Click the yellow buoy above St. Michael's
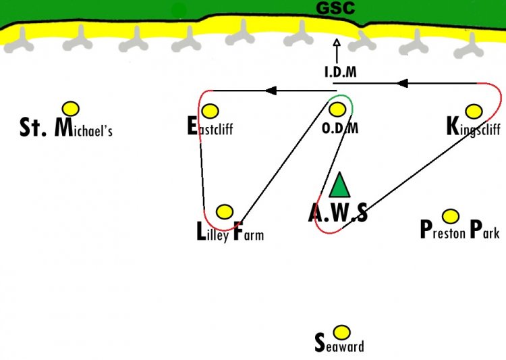click(71, 109)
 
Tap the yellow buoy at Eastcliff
click(210, 111)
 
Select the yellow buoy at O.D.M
click(337, 109)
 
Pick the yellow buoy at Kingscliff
click(474, 111)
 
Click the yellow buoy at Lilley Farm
click(225, 211)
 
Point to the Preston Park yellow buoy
click(451, 216)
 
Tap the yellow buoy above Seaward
click(341, 332)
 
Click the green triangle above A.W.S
click(339, 186)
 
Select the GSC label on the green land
click(335, 7)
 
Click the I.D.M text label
click(341, 72)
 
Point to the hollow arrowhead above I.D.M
click(337, 43)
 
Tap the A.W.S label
click(338, 213)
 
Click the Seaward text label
click(339, 343)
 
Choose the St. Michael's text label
click(66, 127)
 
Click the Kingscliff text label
click(474, 128)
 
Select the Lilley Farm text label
click(230, 232)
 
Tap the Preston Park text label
click(460, 230)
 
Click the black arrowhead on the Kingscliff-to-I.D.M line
click(402, 83)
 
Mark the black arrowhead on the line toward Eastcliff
click(271, 91)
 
